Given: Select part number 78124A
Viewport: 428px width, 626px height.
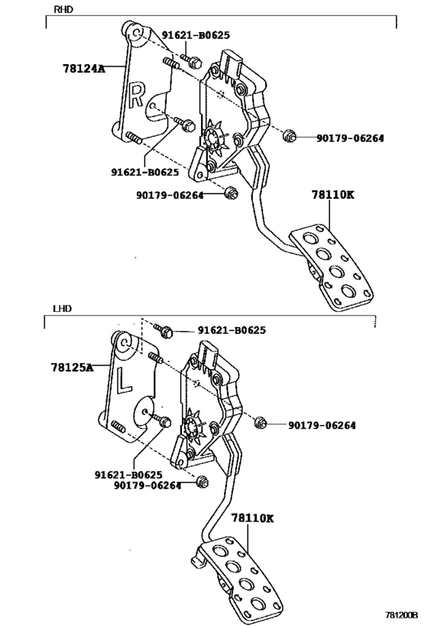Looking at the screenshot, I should (83, 68).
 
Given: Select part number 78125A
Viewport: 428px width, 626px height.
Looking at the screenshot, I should (73, 368).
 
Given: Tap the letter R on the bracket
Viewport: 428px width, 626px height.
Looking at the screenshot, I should (136, 95).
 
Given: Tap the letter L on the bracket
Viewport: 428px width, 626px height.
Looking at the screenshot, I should (125, 380).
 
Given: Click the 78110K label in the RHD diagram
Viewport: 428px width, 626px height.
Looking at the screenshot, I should (332, 195).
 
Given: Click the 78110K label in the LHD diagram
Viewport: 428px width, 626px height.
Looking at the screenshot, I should (252, 517).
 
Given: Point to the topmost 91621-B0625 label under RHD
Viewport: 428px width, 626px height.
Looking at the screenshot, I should (196, 35).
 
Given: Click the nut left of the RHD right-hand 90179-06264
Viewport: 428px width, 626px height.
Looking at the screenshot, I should (288, 137).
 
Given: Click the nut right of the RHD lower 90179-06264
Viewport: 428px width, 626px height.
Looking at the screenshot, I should (232, 193).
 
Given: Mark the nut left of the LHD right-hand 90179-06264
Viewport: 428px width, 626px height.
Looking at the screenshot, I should (260, 423).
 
